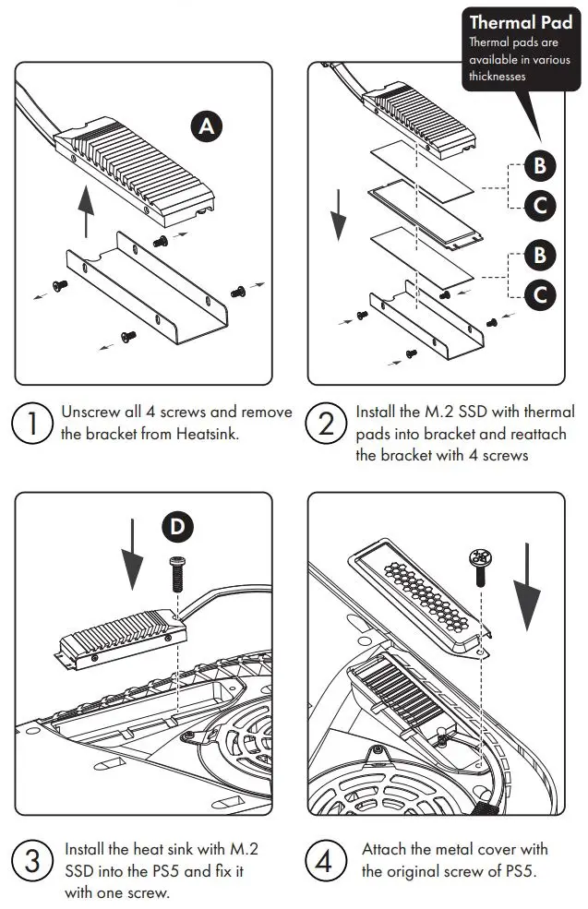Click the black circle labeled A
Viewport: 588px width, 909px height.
click(207, 126)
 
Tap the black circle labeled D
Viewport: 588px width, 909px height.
click(177, 526)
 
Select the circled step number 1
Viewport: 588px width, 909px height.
click(32, 424)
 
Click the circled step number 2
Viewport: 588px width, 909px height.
click(326, 424)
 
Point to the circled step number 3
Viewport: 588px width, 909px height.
click(32, 862)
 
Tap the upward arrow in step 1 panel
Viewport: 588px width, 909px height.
click(86, 211)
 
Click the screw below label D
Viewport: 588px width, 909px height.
click(177, 575)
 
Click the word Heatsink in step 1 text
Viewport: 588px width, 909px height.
click(207, 433)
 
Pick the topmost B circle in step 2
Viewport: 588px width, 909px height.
click(540, 166)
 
